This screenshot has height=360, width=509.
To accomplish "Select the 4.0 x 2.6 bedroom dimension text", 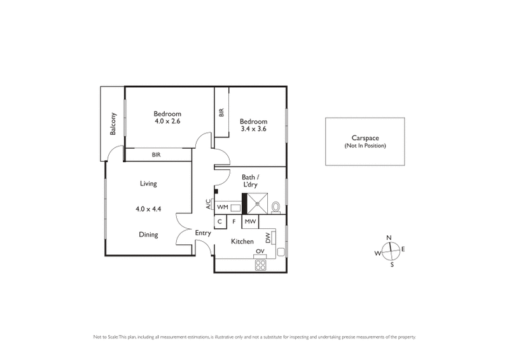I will click(168, 121).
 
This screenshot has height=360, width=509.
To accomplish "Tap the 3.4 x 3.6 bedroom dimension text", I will click(253, 129).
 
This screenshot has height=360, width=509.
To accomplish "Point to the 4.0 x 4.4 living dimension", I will click(148, 208).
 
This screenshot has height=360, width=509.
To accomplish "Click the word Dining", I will click(148, 235).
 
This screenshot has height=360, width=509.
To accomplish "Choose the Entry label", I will click(202, 233).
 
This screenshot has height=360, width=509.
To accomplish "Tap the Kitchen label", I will click(243, 242).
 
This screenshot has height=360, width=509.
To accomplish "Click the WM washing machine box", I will click(223, 207).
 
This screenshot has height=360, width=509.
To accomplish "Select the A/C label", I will click(208, 205).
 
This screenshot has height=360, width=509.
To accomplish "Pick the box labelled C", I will click(220, 222).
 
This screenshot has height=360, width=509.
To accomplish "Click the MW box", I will click(250, 222).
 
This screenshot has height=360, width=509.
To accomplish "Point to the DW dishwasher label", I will click(268, 237).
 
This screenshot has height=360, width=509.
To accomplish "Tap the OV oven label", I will click(260, 252).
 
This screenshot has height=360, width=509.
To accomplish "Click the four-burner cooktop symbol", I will click(260, 266).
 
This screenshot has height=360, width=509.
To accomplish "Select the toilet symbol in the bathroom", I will click(275, 207).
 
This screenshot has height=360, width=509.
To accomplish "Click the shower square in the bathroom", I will click(258, 205).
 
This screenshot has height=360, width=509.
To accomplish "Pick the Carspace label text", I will click(365, 138).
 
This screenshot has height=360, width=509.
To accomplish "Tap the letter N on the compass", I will click(389, 238).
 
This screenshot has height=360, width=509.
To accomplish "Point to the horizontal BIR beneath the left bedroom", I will click(156, 155).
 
